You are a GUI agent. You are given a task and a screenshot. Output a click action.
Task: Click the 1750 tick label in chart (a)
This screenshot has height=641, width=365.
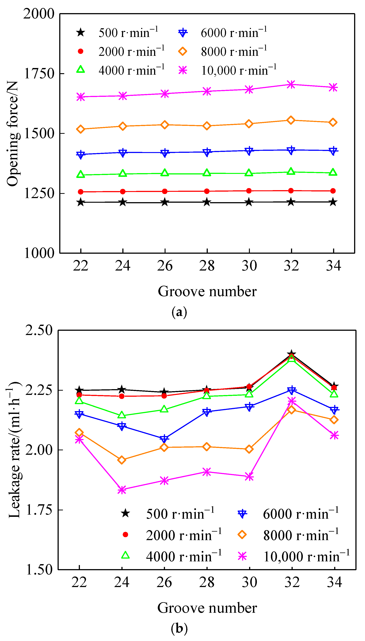(x=39, y=74)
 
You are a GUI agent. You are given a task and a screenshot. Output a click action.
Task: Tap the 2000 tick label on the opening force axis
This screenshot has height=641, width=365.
(x=39, y=14)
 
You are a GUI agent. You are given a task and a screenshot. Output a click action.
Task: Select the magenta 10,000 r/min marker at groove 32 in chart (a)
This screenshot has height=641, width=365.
(x=291, y=85)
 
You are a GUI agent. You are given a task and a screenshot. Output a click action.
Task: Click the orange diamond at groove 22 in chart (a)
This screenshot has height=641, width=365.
(x=80, y=129)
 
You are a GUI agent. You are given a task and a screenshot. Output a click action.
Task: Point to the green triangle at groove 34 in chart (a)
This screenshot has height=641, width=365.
(x=333, y=172)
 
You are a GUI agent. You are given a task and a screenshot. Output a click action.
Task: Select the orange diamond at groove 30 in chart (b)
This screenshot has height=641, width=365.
(x=249, y=449)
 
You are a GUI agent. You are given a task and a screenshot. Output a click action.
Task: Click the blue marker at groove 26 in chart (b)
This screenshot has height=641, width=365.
(x=164, y=439)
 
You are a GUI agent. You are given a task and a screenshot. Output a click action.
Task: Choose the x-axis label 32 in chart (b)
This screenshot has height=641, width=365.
(x=292, y=582)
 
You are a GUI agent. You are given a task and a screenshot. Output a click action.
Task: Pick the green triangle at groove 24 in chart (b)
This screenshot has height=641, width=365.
(x=122, y=415)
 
